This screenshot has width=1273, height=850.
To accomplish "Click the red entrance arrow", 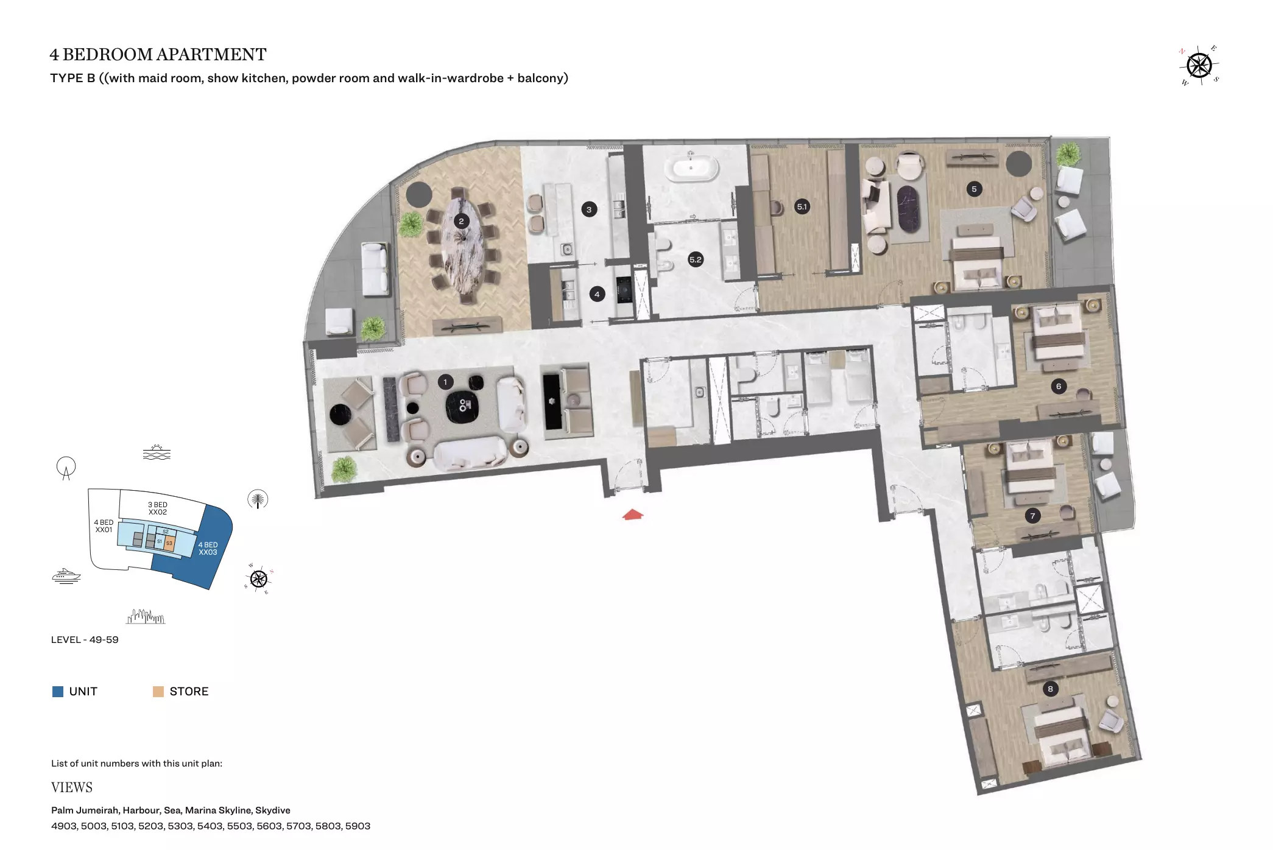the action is point(633,515).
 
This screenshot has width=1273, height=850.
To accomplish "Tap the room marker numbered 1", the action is point(445,382).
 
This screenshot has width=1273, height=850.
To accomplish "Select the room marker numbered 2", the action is point(461,221).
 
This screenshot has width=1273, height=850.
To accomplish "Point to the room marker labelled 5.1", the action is point(802,207).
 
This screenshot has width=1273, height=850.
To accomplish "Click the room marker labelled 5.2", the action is point(696,259).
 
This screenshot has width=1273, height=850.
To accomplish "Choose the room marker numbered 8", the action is point(1050,689).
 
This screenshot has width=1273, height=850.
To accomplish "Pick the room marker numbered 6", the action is point(1059,386).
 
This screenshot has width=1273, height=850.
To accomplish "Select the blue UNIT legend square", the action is point(58,692).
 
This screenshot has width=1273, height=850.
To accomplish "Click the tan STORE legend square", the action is point(158,692).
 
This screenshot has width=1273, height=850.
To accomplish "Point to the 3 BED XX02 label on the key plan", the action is point(158,508).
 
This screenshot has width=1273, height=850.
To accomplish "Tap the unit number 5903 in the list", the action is point(358,826).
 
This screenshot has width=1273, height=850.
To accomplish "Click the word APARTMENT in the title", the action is point(212,55).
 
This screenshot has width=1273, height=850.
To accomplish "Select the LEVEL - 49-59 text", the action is point(85,640).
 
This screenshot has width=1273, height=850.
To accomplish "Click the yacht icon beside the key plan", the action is point(66,576).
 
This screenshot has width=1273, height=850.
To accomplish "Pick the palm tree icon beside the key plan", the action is point(258,499).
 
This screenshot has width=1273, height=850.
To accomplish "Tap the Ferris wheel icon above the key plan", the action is point(66,468).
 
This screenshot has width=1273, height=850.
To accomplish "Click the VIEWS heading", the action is point(72,788).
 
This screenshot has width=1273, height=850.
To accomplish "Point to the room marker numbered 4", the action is point(597,295).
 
